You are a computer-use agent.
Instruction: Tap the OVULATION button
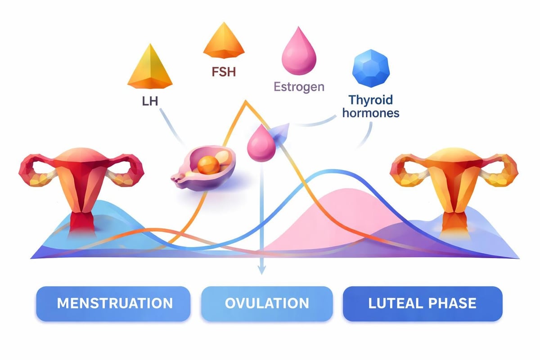pos(267,303)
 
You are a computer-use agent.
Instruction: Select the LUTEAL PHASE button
pos(422,303)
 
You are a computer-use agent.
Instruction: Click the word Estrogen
pos(299,86)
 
